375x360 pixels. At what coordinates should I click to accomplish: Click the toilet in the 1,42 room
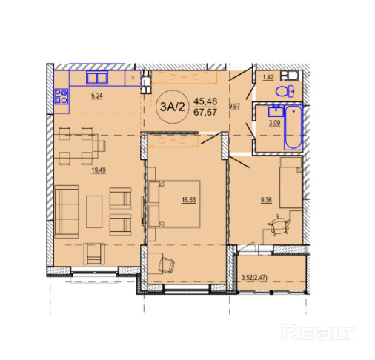coord(285,91)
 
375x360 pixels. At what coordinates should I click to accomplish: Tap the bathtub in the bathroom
coord(293,127)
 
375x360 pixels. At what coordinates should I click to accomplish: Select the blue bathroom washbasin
coord(276,110)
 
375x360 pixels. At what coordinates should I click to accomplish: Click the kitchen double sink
coord(97,78)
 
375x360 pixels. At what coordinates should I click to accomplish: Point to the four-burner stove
coord(62,96)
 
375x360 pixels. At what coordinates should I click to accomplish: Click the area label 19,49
coord(99,170)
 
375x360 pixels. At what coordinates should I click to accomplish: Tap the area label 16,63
coord(189,200)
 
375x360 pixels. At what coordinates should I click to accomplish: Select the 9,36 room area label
coord(266,200)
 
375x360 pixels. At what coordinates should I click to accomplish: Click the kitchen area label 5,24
coord(97,96)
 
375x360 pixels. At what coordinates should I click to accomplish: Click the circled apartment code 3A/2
coord(173,107)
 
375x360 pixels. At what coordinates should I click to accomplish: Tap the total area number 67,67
coord(205,113)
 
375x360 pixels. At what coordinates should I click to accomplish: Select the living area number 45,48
coord(205,101)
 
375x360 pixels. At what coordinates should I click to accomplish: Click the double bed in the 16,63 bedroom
coord(174,204)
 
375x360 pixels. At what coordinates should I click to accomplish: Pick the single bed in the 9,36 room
coord(291,182)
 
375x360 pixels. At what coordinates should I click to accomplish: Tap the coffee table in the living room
coord(94,212)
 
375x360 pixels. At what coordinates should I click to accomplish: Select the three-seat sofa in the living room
coord(67,212)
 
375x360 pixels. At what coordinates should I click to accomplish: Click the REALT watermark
coord(319,333)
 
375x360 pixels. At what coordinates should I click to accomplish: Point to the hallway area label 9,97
coord(234,107)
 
